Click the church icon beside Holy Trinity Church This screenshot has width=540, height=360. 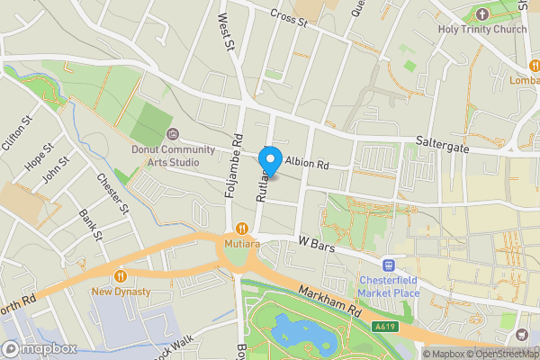pos(481,14)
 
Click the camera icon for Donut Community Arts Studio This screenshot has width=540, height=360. pos(173,134)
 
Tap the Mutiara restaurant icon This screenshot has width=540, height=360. pos(240,229)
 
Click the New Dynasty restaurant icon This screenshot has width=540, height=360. pos(121,276)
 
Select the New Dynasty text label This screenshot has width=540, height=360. pos(121,292)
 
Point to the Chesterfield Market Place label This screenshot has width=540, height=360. pos(389,287)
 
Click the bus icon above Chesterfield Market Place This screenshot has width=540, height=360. pos(389,265)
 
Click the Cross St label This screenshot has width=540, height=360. pos(289,19)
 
